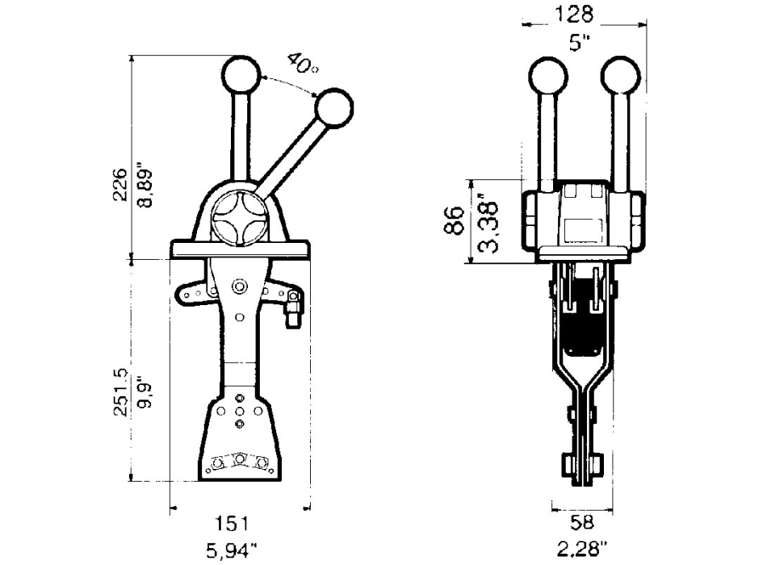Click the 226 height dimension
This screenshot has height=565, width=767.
(x=119, y=185)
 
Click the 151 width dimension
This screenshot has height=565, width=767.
(x=233, y=524)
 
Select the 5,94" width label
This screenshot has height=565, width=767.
(x=232, y=551)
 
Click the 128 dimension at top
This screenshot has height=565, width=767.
(x=574, y=15)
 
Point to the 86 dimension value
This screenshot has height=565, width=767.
(x=455, y=220)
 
